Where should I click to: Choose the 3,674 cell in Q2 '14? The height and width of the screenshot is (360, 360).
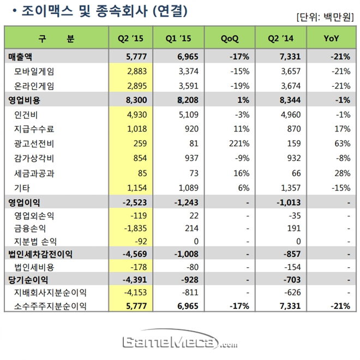coord(284,86)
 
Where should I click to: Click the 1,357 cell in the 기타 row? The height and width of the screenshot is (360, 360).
coord(284,187)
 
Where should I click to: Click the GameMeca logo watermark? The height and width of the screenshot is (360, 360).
coord(180,343)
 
